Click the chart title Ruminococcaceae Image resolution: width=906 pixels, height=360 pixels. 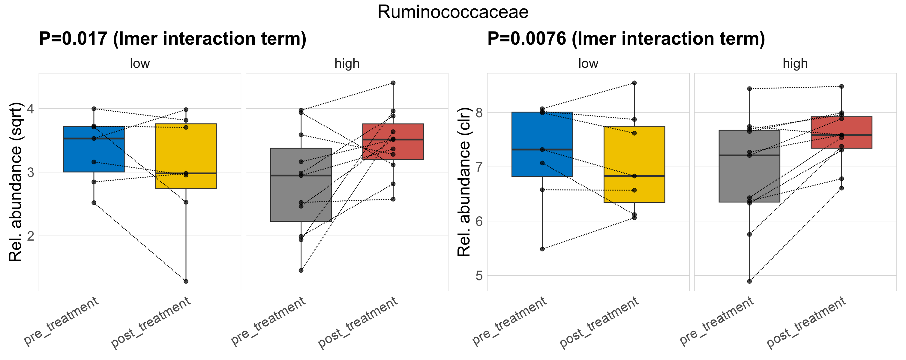coord(453,12)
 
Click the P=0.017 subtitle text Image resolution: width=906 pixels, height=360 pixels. coord(172,39)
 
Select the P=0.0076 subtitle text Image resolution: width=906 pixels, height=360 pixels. coord(626,39)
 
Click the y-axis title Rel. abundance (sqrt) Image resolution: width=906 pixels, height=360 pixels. coord(16,182)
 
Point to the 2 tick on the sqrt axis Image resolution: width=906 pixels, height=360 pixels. coord(30,236)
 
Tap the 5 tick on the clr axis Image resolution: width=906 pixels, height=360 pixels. coord(479,276)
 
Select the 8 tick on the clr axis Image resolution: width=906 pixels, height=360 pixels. coord(479,113)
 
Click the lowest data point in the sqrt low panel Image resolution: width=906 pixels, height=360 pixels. coord(186,281)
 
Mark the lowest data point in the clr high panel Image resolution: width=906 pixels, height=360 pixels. coord(749,281)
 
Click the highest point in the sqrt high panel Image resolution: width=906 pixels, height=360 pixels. coord(393,83)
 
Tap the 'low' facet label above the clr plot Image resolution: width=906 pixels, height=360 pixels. coord(588,64)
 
